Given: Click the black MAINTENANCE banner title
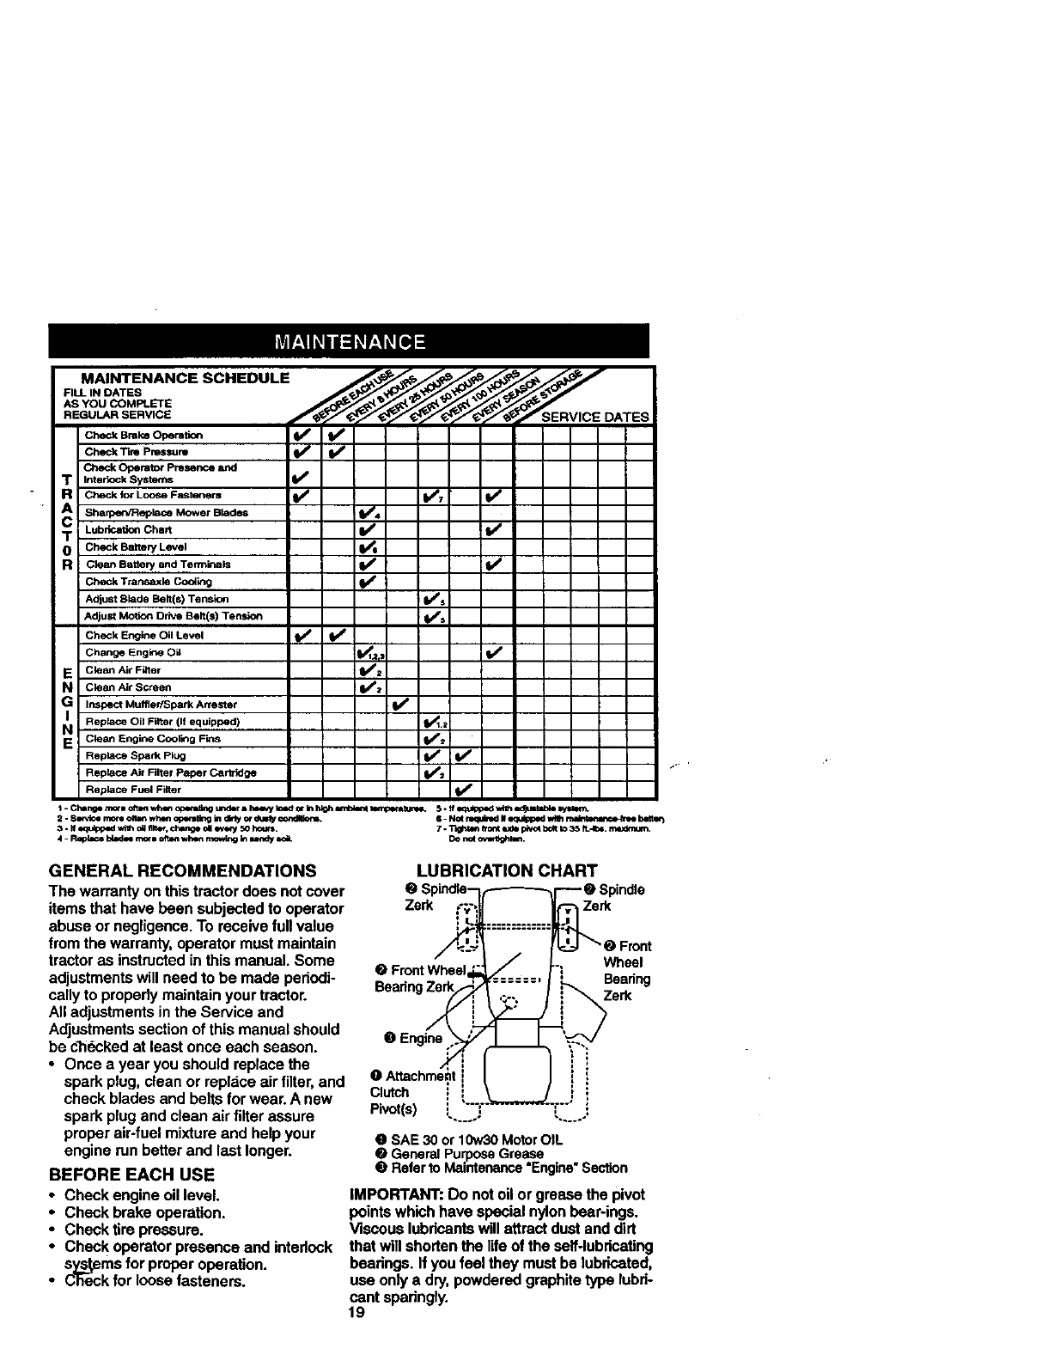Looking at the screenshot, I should (348, 341).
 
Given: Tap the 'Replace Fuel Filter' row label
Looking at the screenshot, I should (133, 789).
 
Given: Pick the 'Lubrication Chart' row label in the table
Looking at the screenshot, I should (128, 529).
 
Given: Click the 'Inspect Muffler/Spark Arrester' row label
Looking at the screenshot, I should (161, 704).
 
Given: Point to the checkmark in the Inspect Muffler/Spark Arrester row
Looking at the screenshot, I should (400, 704).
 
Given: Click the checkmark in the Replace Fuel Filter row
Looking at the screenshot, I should (464, 789).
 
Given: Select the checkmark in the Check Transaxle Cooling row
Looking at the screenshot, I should (368, 581).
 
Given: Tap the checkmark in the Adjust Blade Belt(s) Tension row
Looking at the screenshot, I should (431, 598).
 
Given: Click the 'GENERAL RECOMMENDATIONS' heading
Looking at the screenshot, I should (182, 870).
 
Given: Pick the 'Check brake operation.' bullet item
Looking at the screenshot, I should (145, 1212).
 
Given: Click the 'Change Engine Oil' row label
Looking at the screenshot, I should (133, 652).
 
